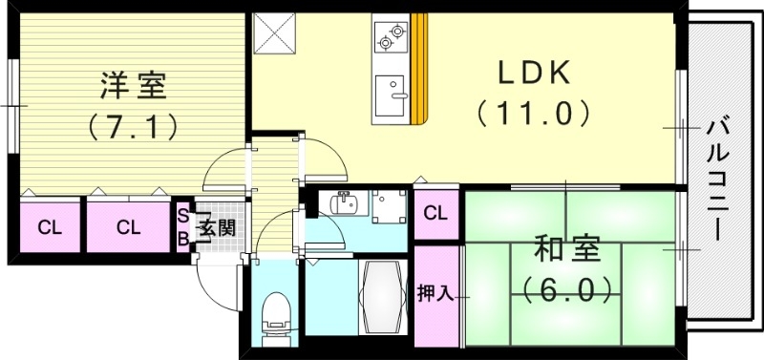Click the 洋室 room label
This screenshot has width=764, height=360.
point(134,85)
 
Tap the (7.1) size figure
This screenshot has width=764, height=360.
point(134,124)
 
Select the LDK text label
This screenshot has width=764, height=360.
point(534,72)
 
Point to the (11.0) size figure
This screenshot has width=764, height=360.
point(534,114)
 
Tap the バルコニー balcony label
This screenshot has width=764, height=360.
point(716,177)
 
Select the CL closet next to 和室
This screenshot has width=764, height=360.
point(436,213)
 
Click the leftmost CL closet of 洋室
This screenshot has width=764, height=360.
point(48,227)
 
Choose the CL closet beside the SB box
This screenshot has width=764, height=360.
point(128,227)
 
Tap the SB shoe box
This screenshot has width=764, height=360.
point(181,227)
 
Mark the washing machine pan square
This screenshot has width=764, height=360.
point(389,207)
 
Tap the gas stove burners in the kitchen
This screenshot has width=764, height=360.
point(391,36)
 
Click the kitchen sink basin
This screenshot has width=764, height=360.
point(392,94)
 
